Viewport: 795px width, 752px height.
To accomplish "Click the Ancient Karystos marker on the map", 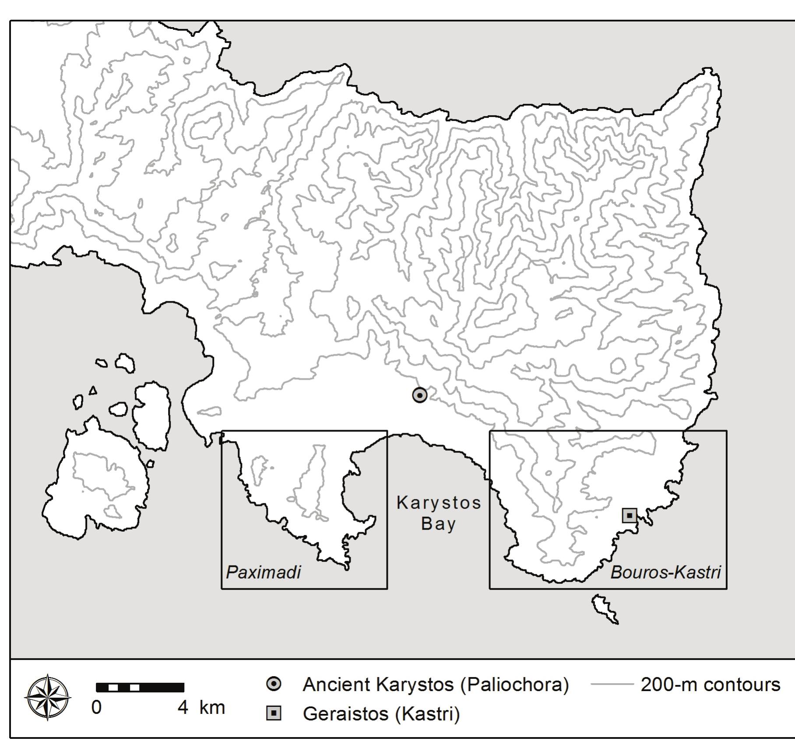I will click(x=420, y=395).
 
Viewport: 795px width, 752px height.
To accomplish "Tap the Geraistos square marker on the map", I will click(x=629, y=515).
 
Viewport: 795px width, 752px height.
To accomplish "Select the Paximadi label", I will click(x=264, y=572).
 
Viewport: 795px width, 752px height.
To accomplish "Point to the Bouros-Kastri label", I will click(x=665, y=572).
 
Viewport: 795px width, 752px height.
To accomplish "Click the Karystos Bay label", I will click(x=439, y=513).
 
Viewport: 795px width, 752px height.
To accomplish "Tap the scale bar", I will click(x=140, y=687).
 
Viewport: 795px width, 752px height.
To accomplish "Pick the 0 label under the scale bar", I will click(x=96, y=708).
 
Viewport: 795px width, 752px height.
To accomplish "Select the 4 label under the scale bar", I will click(x=183, y=708).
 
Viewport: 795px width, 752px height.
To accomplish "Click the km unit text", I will click(x=212, y=708).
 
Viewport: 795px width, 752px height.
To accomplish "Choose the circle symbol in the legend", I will click(x=274, y=684).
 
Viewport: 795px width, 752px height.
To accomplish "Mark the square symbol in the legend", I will click(x=274, y=714).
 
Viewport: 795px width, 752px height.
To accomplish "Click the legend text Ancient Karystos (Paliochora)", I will click(x=436, y=685).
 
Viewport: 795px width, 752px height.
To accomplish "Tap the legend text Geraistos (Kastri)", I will click(x=381, y=714).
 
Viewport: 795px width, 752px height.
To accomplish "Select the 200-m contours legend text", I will click(x=711, y=685).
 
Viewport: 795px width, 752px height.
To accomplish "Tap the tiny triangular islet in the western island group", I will click(x=93, y=391).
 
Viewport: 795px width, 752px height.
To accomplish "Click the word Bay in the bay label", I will click(x=439, y=524).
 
